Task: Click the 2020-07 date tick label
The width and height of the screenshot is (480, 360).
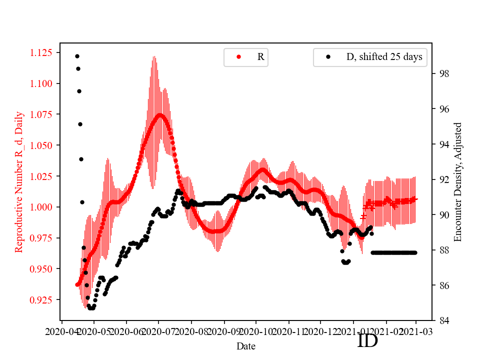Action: pyautogui.click(x=158, y=331)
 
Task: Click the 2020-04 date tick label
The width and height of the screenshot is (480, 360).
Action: pyautogui.click(x=61, y=331)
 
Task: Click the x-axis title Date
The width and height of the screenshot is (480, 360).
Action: pyautogui.click(x=245, y=346)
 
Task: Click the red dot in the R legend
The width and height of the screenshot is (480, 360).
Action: pyautogui.click(x=238, y=57)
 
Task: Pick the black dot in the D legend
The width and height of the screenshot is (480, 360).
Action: pyautogui.click(x=328, y=57)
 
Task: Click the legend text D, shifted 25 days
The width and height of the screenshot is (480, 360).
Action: pyautogui.click(x=384, y=57)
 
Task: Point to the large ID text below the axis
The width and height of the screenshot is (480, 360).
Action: pyautogui.click(x=367, y=341)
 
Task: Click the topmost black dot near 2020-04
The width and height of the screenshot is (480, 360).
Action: pyautogui.click(x=77, y=56)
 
